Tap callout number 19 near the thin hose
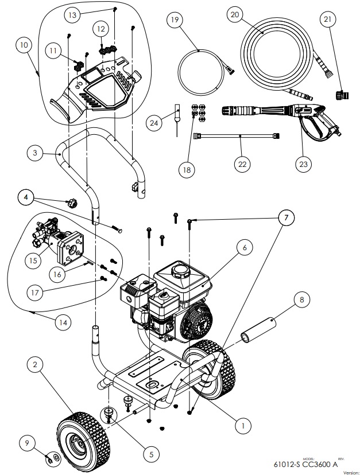point(175,20)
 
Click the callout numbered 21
point(328,20)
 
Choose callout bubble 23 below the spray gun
point(303,163)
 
